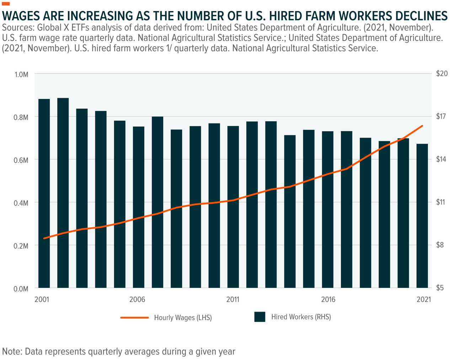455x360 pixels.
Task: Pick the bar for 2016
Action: [328, 210]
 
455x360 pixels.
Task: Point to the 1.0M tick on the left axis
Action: [21, 74]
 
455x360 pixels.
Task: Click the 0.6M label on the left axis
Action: [21, 160]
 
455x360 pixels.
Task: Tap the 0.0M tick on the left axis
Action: [21, 289]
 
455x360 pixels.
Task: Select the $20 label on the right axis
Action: [442, 74]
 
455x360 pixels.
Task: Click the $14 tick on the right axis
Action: [442, 159]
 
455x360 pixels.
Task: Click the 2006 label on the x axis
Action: [137, 300]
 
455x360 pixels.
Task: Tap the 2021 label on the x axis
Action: [424, 300]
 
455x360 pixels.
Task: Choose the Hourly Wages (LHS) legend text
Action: [183, 318]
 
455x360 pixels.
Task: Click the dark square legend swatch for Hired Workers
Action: [260, 317]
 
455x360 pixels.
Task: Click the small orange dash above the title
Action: [6, 4]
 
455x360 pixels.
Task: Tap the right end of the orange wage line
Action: [422, 126]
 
